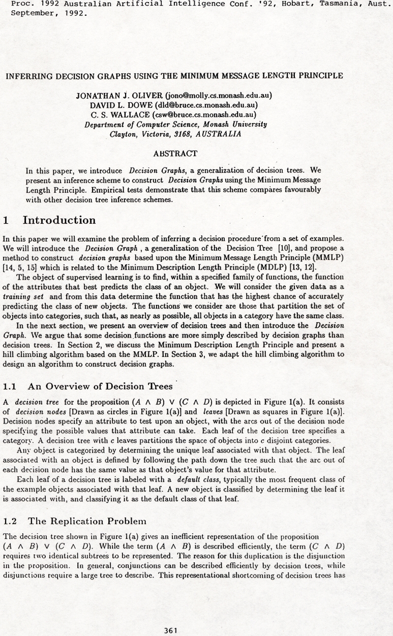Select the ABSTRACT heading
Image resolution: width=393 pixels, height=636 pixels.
coord(175,153)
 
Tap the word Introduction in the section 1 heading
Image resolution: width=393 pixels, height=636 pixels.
coord(59,220)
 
